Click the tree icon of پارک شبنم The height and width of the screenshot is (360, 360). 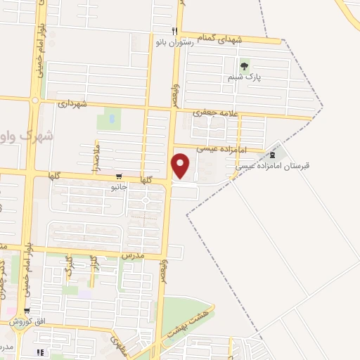tap(244, 67)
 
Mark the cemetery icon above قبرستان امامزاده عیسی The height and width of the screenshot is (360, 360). tap(273, 155)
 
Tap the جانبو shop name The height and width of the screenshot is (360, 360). tap(118, 188)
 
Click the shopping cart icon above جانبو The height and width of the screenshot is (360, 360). tap(118, 177)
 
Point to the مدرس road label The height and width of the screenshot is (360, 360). tap(131, 256)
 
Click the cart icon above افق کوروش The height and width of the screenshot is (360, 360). tap(27, 311)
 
